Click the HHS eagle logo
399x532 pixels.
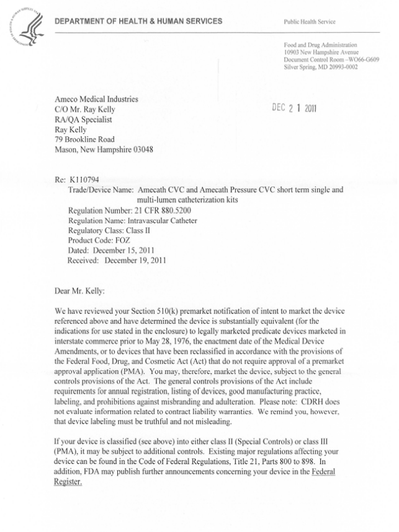26,28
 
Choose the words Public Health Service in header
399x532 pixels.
310,22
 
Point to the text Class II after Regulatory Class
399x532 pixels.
145,231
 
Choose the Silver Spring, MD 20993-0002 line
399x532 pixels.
321,66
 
